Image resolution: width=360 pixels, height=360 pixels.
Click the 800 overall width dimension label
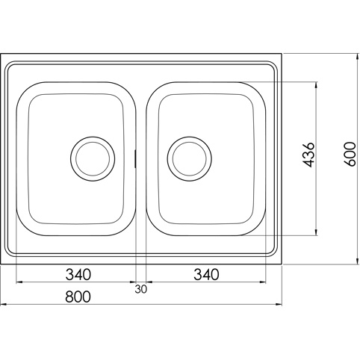(x=78, y=297)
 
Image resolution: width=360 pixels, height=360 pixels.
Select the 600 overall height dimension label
(x=350, y=154)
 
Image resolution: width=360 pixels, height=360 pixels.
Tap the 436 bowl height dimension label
(x=308, y=155)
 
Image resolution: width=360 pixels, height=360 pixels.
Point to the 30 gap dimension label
(x=141, y=289)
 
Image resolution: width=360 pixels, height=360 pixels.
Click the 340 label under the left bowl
(x=78, y=275)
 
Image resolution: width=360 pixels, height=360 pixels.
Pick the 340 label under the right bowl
(x=206, y=275)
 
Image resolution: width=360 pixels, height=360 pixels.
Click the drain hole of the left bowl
(x=93, y=159)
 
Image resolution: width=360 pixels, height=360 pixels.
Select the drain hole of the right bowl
(x=190, y=159)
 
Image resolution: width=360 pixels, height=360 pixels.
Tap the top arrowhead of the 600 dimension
(x=358, y=58)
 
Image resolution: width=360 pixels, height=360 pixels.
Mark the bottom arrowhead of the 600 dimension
(x=358, y=260)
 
